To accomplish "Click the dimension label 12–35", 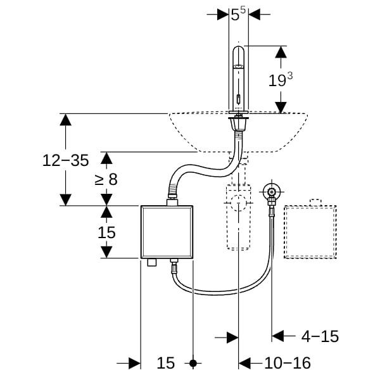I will [65, 160].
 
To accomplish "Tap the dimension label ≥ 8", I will [106, 179].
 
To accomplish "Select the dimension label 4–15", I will [320, 336].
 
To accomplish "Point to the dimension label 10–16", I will [288, 364].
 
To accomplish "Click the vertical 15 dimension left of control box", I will [106, 232].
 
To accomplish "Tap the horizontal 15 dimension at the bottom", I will [165, 364].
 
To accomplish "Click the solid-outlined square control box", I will [166, 232].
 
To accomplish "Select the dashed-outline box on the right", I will [310, 232].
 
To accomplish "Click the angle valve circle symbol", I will [271, 192].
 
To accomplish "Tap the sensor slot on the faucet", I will [238, 99].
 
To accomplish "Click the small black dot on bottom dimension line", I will [194, 364].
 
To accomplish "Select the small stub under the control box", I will [151, 262].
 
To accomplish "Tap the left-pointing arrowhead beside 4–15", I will [278, 336].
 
